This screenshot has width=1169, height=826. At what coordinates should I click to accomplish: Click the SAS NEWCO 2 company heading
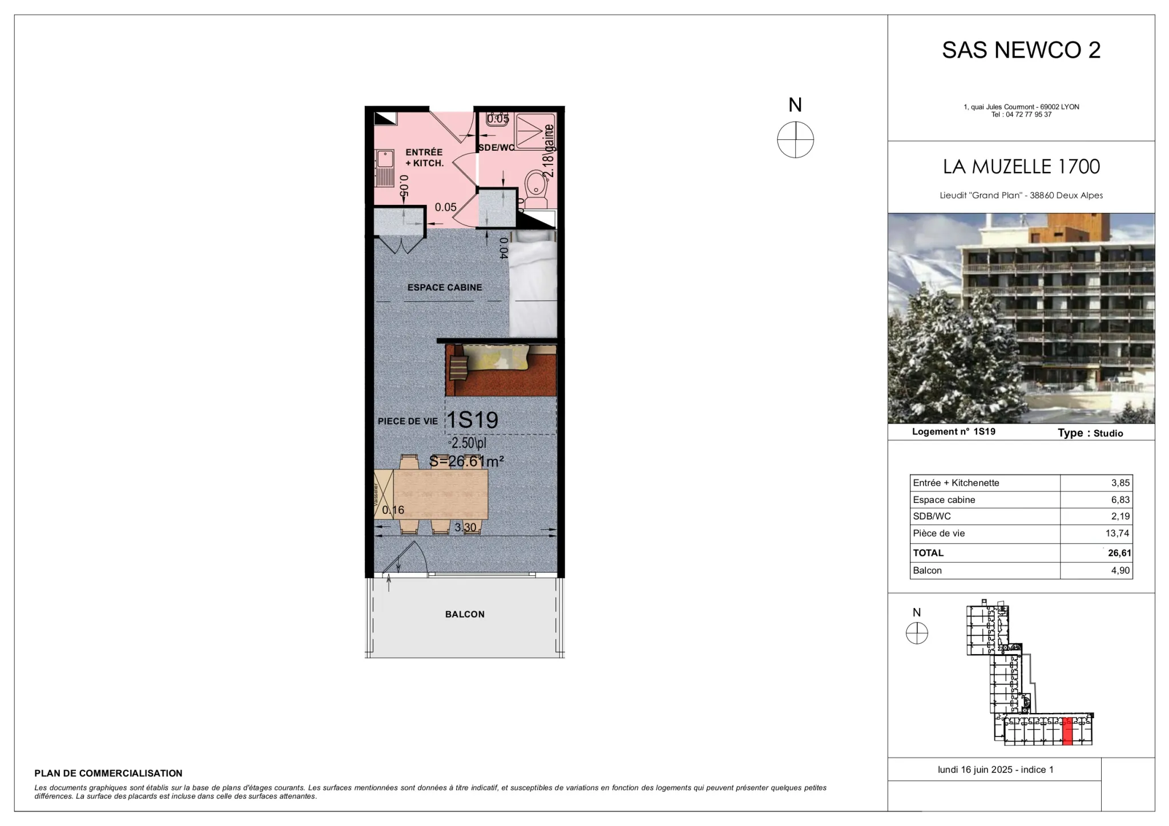[1021, 50]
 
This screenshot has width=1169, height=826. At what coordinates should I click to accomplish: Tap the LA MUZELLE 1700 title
[1021, 167]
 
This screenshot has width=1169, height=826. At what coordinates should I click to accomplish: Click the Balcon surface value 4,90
[1120, 570]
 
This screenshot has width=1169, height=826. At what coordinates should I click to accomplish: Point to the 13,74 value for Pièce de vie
[1117, 533]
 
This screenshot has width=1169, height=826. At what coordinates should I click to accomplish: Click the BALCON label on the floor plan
[465, 614]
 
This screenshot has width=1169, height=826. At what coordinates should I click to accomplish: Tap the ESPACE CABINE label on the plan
[444, 287]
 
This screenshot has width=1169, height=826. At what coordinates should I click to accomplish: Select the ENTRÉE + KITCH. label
[424, 158]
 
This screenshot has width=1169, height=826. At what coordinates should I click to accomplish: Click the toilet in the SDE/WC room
[535, 188]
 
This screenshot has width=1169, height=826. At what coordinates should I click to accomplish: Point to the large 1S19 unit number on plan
[471, 420]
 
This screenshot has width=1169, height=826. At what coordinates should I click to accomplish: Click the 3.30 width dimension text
[465, 527]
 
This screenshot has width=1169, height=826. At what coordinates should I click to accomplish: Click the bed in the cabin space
[533, 285]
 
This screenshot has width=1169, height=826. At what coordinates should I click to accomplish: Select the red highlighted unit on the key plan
[1068, 731]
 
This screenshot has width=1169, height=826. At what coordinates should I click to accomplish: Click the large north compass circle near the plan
[795, 140]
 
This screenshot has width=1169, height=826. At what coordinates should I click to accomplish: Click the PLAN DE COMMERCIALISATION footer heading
[108, 773]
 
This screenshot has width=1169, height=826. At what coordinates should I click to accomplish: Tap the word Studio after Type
[1108, 433]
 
